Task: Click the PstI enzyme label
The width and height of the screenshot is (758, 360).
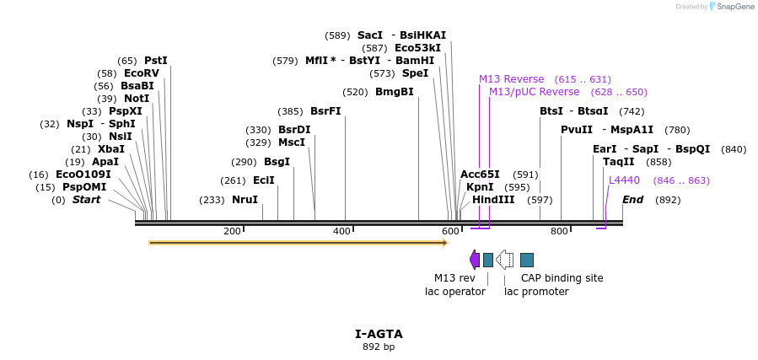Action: click(156, 61)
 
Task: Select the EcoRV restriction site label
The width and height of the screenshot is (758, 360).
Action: click(142, 73)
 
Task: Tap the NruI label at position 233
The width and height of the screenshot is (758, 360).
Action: click(245, 200)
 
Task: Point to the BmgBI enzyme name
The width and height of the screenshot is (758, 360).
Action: click(395, 92)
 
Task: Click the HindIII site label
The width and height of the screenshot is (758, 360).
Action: click(493, 200)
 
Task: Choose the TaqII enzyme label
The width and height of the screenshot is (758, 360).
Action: click(619, 161)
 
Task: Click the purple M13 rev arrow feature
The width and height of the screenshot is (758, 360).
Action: click(475, 260)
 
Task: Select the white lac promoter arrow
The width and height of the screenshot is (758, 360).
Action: click(505, 260)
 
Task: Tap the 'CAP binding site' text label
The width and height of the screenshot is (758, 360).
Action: click(562, 278)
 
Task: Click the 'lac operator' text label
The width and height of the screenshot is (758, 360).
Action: click(455, 292)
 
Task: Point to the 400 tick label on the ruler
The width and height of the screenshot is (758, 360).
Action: click(341, 232)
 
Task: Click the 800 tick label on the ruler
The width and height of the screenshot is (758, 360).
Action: click(559, 232)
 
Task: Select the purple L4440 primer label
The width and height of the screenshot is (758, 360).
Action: click(624, 180)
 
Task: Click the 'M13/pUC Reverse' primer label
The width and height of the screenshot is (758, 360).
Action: click(535, 92)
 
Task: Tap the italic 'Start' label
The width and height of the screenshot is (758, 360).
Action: click(87, 200)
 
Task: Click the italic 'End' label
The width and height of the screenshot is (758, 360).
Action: click(633, 200)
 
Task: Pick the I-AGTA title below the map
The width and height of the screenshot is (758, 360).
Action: click(379, 334)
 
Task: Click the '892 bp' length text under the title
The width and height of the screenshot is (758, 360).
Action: click(379, 347)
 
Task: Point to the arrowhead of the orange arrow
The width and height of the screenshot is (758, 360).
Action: click(447, 243)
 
